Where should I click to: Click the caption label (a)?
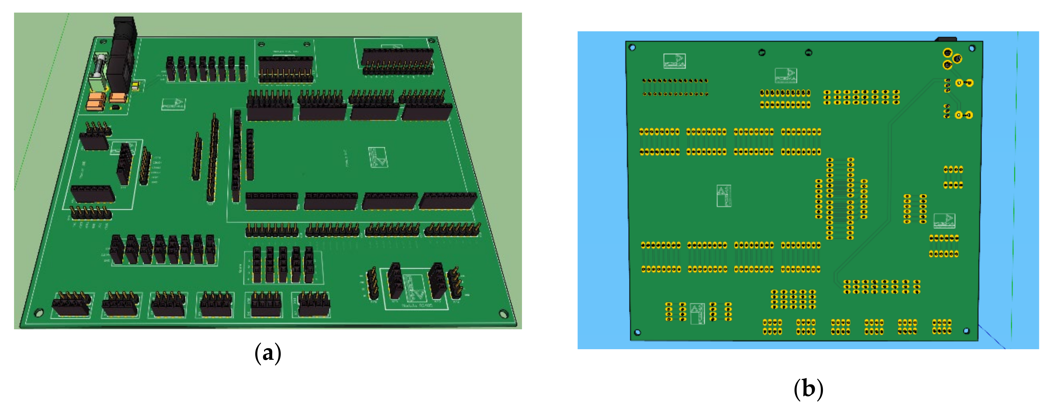[268, 353]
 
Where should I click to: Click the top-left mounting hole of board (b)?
[633, 48]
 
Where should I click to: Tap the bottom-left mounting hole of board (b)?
[638, 332]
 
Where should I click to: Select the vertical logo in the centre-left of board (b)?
[724, 196]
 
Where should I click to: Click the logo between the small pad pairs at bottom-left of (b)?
[697, 313]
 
